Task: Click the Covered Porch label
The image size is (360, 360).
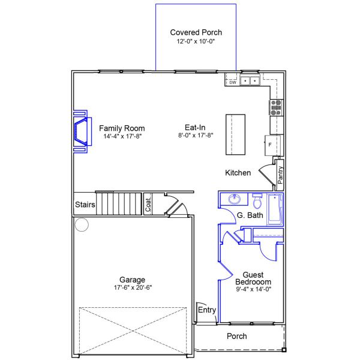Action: [196, 32]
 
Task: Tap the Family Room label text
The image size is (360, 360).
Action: [122, 128]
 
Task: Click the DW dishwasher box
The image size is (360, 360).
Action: [232, 82]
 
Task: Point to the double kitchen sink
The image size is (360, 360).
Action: [250, 80]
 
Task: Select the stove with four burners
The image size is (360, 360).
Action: [276, 107]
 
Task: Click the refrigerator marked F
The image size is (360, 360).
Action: [272, 145]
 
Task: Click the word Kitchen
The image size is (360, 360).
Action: [238, 173]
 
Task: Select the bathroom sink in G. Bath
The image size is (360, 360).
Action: [235, 200]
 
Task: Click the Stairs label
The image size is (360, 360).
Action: [85, 205]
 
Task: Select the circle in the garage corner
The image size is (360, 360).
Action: [81, 225]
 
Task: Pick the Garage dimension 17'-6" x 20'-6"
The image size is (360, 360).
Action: [132, 287]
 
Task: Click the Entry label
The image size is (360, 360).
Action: [206, 310]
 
